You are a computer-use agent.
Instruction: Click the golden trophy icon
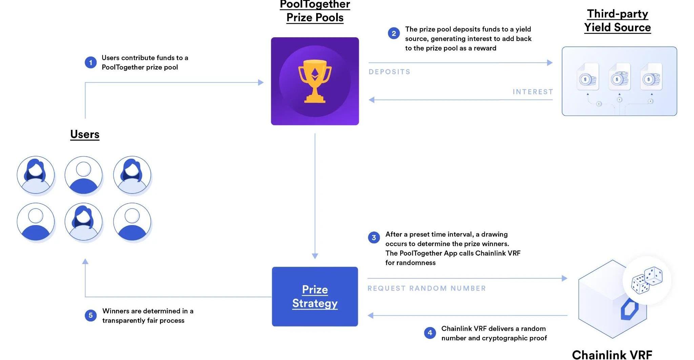click(315, 81)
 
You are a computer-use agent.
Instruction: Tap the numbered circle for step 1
click(90, 62)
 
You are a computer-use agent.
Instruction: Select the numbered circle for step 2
click(394, 34)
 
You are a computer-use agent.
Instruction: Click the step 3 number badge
click(374, 238)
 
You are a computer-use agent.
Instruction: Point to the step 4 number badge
click(430, 333)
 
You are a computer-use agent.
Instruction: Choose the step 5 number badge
click(90, 316)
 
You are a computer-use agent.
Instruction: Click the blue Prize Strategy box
click(315, 296)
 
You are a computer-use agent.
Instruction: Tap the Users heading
click(85, 134)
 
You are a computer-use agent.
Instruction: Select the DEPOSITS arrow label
click(389, 72)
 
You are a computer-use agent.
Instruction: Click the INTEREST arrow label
click(533, 92)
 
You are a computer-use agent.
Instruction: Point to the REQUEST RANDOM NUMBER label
click(427, 288)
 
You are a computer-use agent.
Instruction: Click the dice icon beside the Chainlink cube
click(647, 280)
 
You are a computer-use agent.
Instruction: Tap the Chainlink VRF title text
click(612, 355)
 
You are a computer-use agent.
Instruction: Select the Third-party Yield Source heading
click(617, 21)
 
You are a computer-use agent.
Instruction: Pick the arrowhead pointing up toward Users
click(85, 261)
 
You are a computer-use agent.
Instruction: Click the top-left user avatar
click(36, 175)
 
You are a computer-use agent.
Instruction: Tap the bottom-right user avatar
click(132, 222)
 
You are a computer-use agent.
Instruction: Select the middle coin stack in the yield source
click(619, 78)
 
